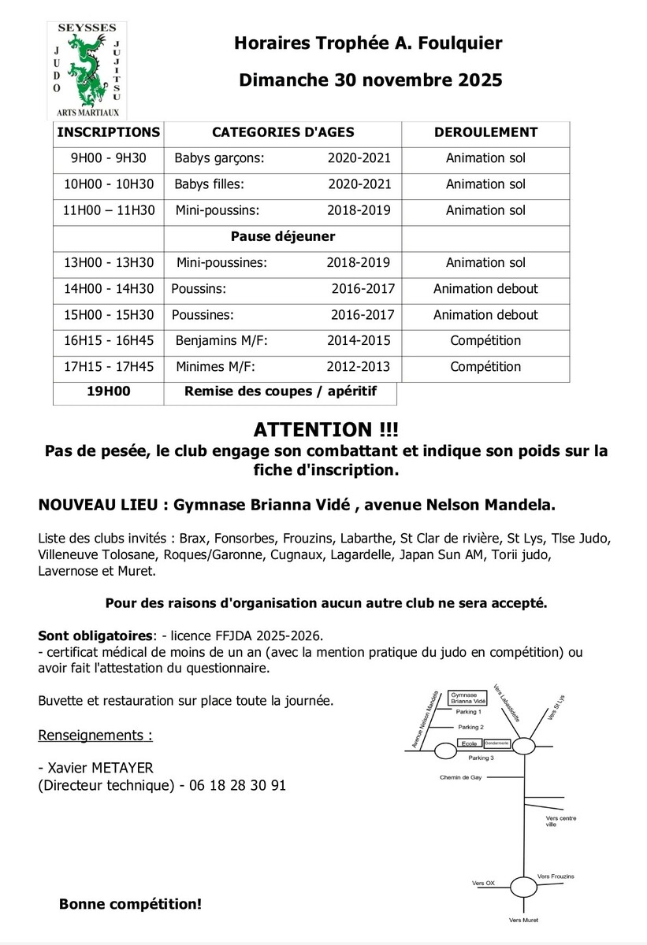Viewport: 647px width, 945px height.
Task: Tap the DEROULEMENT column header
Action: click(485, 132)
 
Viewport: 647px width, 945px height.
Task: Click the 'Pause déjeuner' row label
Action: click(282, 236)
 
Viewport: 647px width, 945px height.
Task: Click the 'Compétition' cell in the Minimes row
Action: click(485, 367)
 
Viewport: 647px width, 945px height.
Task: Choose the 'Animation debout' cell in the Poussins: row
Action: click(485, 289)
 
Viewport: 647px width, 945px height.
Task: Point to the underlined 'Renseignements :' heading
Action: click(95, 736)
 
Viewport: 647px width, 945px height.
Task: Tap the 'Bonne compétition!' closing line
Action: click(130, 904)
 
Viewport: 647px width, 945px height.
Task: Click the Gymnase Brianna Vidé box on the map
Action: click(465, 699)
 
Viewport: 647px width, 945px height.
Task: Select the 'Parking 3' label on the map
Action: click(481, 758)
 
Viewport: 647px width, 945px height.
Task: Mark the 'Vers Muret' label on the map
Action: click(523, 920)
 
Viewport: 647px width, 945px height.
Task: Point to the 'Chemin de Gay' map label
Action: click(460, 777)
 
